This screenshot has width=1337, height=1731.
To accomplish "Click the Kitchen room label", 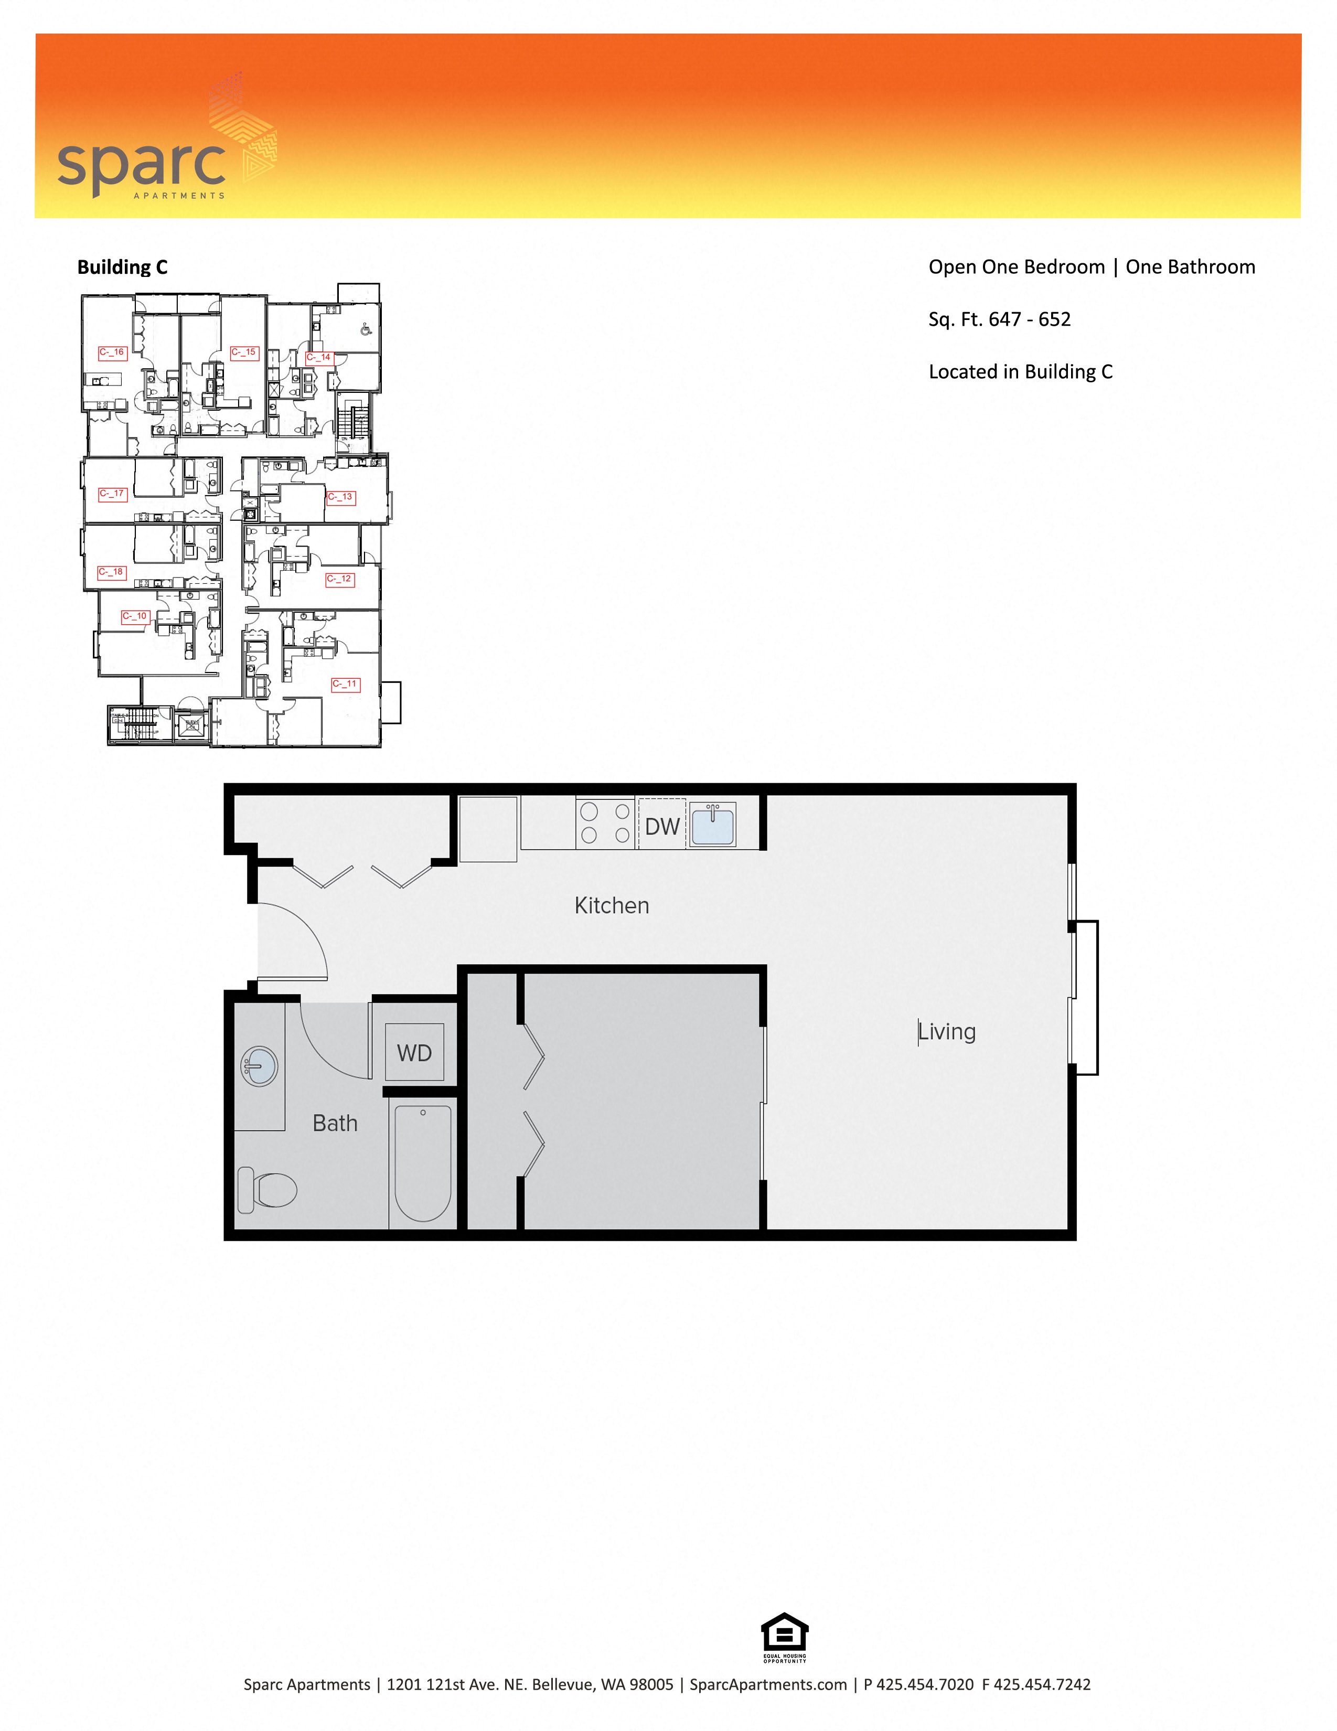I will (611, 905).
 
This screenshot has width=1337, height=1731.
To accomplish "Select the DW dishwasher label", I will (662, 827).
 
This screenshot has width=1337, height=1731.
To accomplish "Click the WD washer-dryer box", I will (414, 1053).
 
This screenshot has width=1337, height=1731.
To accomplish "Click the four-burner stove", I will (605, 822).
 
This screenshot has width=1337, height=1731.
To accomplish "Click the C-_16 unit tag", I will (112, 352).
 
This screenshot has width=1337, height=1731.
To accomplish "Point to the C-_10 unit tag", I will (135, 617).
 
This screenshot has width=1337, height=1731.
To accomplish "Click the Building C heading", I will (122, 267).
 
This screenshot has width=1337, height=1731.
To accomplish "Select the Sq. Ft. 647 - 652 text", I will (999, 319).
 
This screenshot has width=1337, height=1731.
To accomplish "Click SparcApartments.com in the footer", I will (767, 1685).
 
